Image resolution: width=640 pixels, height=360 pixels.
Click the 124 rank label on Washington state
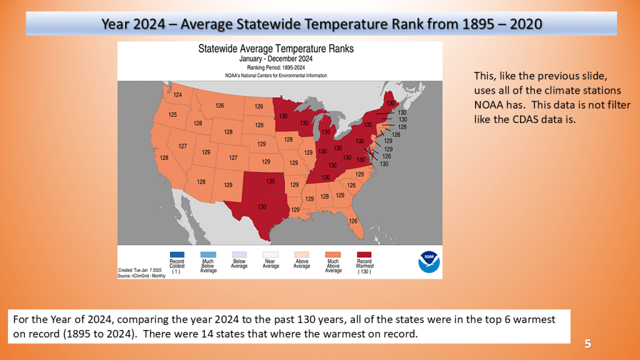point(177,95)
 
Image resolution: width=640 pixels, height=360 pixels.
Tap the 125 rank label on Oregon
point(172,115)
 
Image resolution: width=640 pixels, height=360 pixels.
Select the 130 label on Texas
point(262,207)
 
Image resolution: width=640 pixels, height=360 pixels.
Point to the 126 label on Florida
point(353,221)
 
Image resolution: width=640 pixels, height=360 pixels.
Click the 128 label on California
point(164,157)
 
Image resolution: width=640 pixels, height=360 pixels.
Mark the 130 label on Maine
point(391,103)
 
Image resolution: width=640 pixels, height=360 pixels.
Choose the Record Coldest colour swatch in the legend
point(177,254)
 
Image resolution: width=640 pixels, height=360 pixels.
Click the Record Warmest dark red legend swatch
point(364,254)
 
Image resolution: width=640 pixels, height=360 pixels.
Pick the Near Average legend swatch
point(271,254)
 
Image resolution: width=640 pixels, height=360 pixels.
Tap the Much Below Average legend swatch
point(208,254)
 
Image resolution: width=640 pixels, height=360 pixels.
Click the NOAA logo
point(429,262)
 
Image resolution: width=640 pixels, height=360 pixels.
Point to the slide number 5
point(587,344)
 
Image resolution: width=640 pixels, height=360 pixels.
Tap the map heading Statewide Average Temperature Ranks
point(276,49)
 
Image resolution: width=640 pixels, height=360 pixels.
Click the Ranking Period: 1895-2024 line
point(276,67)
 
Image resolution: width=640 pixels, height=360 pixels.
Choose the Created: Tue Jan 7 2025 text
point(140,270)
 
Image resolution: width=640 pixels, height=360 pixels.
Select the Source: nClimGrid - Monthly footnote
point(142,276)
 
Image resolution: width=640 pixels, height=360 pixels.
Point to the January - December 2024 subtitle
point(276,59)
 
